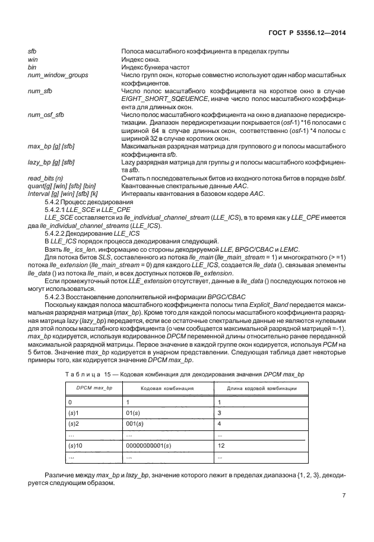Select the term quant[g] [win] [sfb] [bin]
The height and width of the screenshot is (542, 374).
pyautogui.click(x=62, y=185)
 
